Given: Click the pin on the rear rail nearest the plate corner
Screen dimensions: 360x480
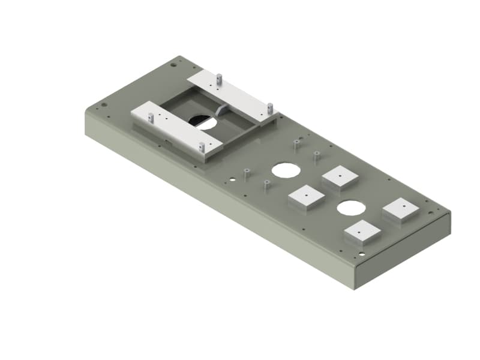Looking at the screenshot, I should coord(220,79).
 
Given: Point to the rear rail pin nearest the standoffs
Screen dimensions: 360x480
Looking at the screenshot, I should coord(270,108).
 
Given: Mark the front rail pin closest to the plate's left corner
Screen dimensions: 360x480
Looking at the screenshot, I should coord(151,118).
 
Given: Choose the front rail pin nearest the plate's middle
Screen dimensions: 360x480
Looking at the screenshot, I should coord(202,146).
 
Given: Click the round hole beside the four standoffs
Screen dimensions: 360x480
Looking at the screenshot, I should coord(286,170).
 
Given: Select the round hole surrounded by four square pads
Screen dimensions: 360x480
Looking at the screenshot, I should coord(351,208).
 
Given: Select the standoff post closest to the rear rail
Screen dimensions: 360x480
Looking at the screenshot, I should coord(296,145).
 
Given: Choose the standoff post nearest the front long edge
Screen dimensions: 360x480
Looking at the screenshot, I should coord(265,184).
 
